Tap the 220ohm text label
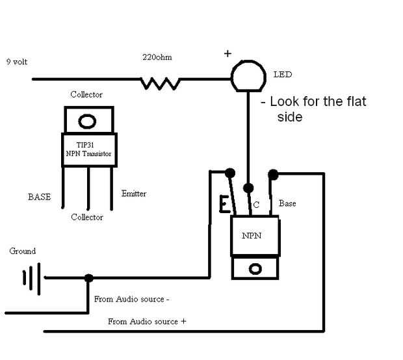tap(157, 57)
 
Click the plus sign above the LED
tap(228, 54)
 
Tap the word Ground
tap(23, 251)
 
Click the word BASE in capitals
tap(39, 196)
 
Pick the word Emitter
tap(134, 194)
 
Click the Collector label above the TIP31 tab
tap(86, 95)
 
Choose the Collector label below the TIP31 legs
tap(87, 217)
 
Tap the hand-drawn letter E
tap(225, 205)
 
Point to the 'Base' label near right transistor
tap(287, 203)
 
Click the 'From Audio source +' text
tap(147, 321)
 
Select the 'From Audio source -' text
tap(132, 299)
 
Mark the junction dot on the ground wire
tap(88, 278)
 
